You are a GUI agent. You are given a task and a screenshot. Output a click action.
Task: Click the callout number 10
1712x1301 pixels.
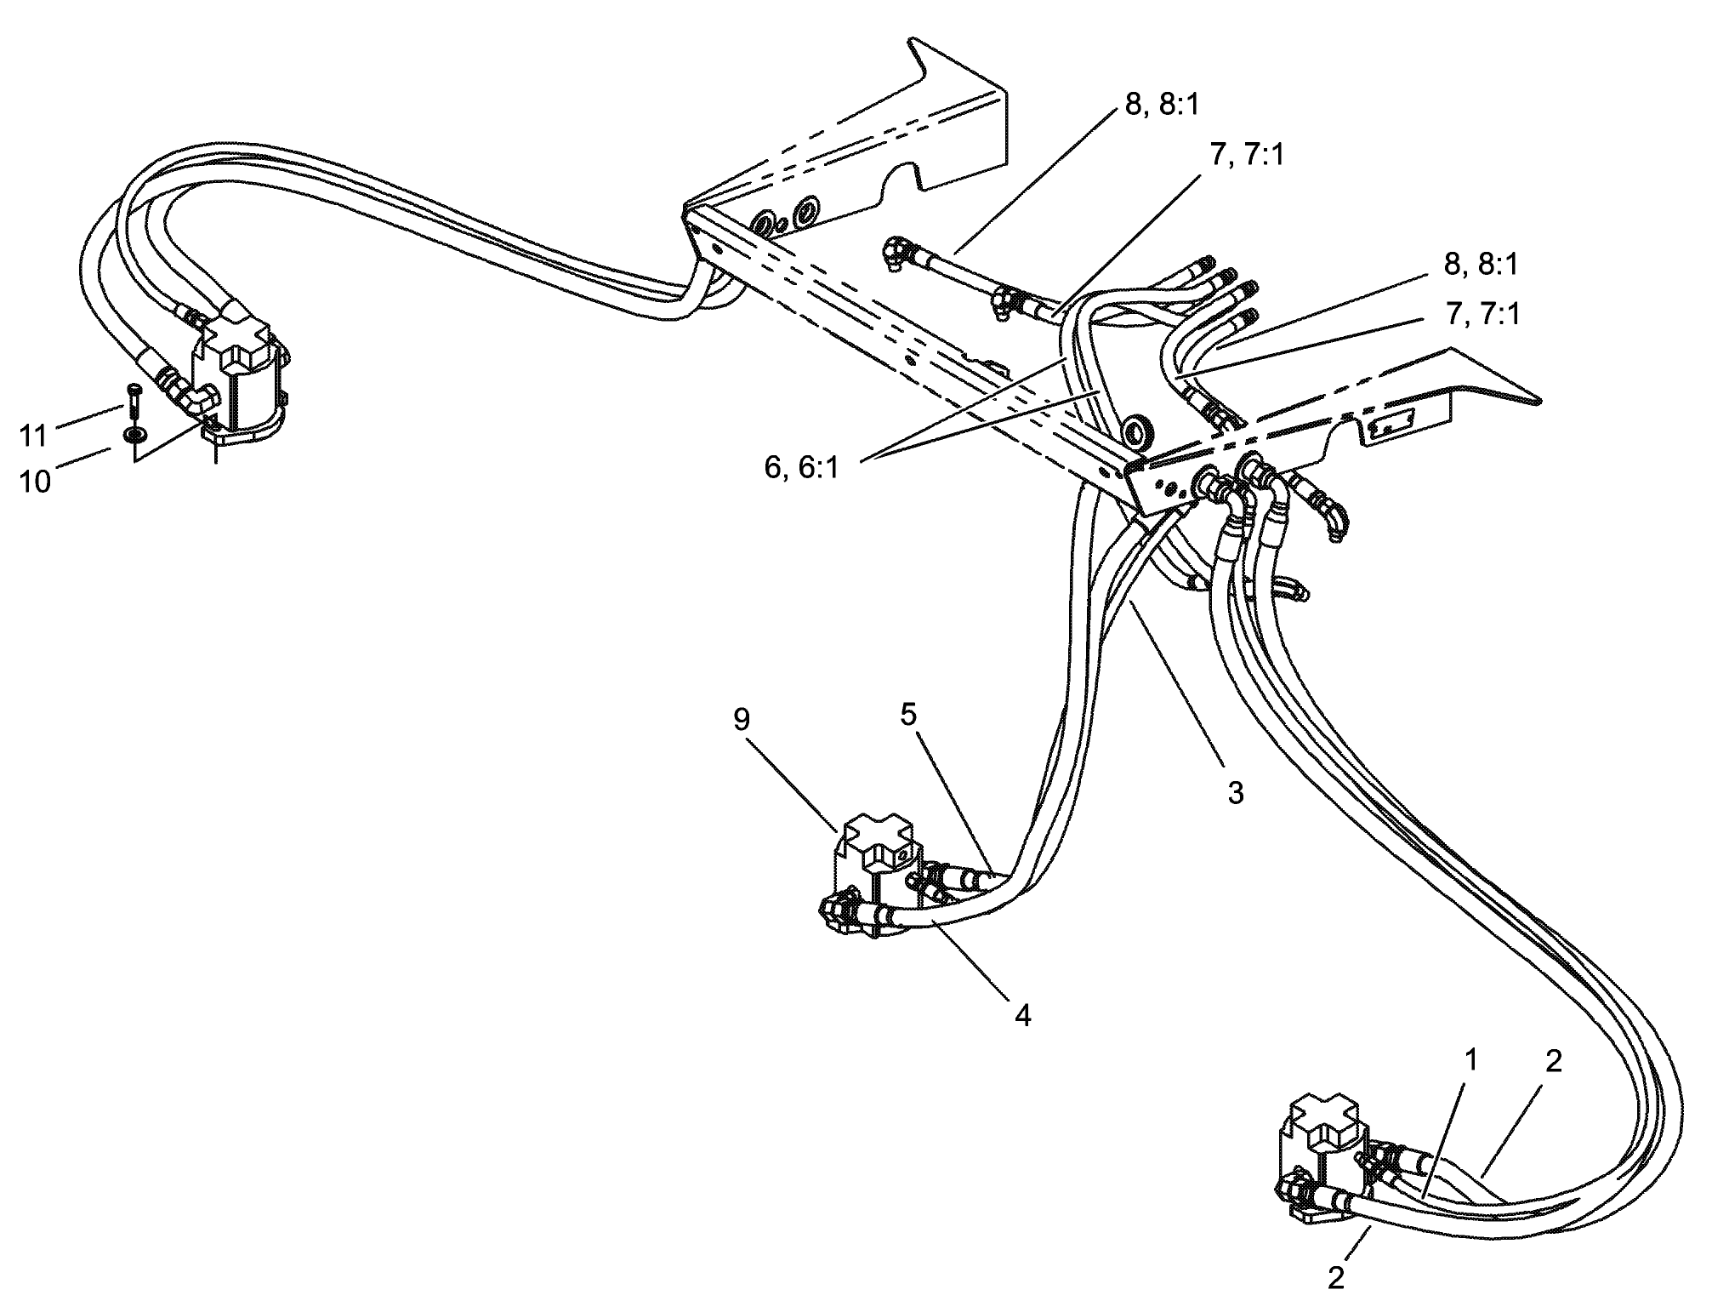(x=35, y=482)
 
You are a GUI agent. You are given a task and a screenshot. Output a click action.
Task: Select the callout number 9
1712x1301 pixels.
(x=742, y=720)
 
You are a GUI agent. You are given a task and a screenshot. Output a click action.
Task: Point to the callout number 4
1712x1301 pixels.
(x=1022, y=1015)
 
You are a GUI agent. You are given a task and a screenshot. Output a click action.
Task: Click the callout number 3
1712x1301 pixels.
(x=1235, y=793)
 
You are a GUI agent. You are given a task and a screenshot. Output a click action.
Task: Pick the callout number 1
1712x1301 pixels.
(x=1470, y=1060)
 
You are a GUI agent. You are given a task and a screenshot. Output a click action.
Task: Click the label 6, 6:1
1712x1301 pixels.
(x=801, y=467)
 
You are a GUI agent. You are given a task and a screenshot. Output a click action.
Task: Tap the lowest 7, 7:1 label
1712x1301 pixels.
(x=1482, y=316)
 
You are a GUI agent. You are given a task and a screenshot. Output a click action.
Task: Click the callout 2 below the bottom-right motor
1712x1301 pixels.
(x=1336, y=1278)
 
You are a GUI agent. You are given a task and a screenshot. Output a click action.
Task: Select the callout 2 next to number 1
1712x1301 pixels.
(x=1553, y=1062)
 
